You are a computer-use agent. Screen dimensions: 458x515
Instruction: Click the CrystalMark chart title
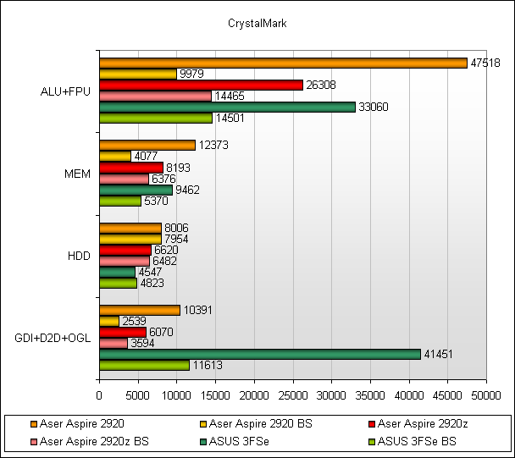point(257,24)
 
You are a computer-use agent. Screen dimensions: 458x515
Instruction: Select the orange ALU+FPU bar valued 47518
point(283,63)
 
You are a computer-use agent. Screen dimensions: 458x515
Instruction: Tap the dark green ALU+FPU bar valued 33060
point(227,107)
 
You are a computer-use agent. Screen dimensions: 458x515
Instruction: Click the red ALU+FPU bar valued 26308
point(201,85)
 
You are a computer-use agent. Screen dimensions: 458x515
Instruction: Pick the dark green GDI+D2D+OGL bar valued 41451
point(259,354)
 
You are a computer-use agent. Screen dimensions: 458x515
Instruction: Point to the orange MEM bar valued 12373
point(147,145)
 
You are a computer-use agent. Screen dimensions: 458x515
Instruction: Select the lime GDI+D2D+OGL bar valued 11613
point(144,365)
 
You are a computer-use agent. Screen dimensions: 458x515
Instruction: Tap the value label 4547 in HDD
point(149,273)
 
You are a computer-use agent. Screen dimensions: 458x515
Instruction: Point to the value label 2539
point(134,322)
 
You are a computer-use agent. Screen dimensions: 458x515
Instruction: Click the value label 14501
point(228,119)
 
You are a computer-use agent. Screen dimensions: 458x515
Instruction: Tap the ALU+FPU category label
point(64,91)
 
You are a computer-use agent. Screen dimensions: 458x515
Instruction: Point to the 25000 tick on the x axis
point(292,395)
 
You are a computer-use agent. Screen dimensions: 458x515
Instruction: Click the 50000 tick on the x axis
point(485,395)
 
